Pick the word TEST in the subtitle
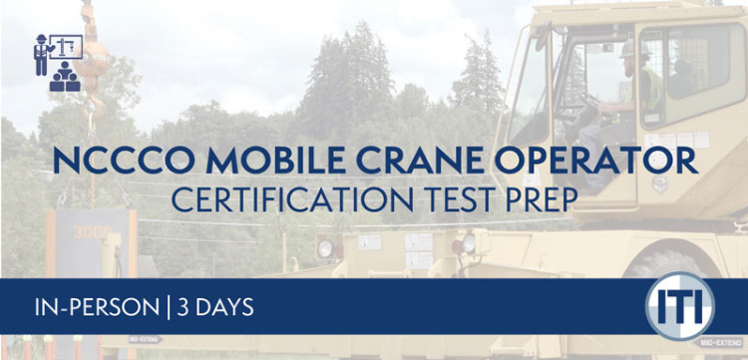(450, 199)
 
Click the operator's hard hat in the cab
(628, 48)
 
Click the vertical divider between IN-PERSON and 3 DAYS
(167, 306)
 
